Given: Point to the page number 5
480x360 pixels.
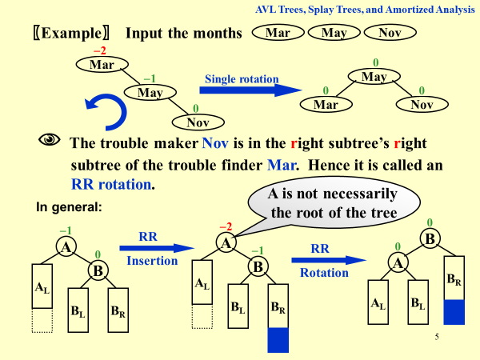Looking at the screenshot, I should coord(437,337).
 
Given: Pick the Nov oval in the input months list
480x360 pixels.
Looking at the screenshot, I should coord(390,34).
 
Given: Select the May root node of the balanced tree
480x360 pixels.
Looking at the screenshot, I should coord(374,77).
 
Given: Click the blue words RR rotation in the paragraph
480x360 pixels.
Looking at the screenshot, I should coord(113,183).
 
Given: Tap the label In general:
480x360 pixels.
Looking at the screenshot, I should coord(69,206).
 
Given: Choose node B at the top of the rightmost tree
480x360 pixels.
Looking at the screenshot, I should coord(429,238).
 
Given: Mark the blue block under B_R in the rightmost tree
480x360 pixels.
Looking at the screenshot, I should coord(454,311).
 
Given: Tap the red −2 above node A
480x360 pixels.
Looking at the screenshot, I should coord(226,227).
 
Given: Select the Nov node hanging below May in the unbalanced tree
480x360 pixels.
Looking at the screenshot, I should coord(197,122).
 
